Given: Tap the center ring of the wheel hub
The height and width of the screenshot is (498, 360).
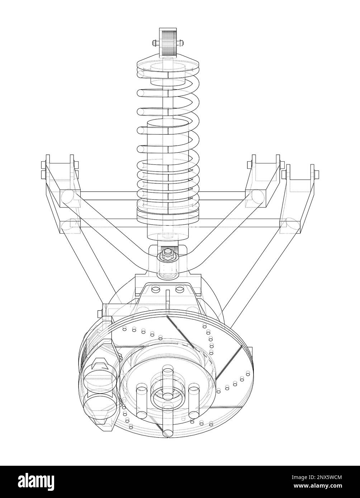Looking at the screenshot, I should (x=167, y=397).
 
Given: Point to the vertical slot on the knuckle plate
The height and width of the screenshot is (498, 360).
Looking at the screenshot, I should (x=167, y=301).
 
